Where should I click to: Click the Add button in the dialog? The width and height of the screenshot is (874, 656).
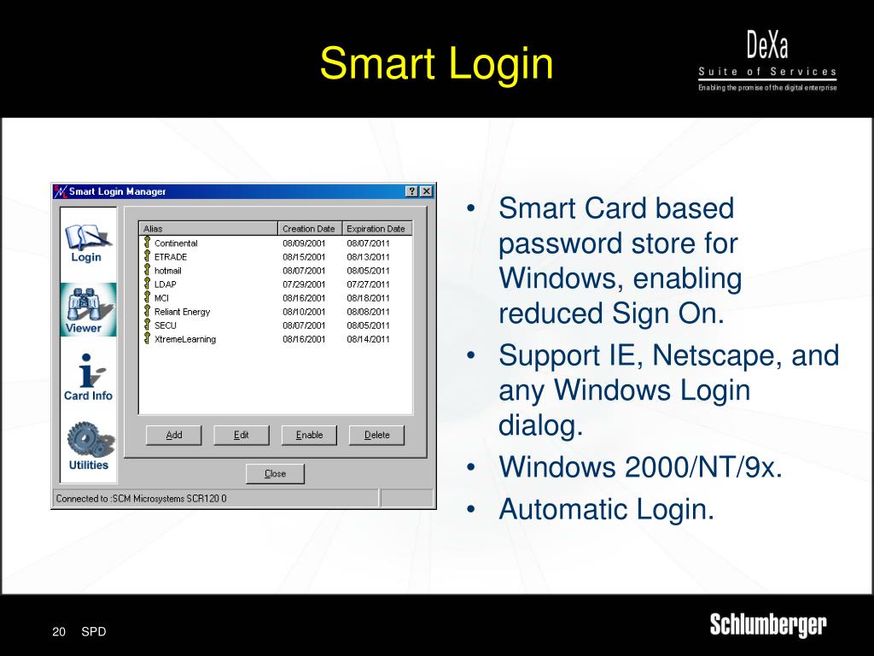(x=174, y=435)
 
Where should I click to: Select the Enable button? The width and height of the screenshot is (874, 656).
(x=309, y=435)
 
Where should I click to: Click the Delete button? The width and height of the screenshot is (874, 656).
(x=376, y=435)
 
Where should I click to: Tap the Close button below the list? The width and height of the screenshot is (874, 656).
(x=275, y=473)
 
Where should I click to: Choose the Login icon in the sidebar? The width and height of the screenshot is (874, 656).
(x=86, y=242)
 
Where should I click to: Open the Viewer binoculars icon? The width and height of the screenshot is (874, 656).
(x=84, y=309)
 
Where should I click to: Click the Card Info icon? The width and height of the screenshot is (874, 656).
(x=88, y=378)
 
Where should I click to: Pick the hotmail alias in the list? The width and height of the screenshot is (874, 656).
(x=167, y=271)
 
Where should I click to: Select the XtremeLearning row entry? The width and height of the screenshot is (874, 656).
(x=184, y=339)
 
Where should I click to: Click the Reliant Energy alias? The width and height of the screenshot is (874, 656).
(x=182, y=312)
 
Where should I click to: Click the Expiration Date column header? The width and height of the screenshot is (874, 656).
(x=376, y=229)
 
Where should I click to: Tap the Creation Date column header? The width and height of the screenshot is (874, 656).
(x=309, y=229)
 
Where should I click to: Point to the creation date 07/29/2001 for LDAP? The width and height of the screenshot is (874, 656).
(x=304, y=284)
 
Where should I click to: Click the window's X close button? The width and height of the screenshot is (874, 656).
(x=427, y=191)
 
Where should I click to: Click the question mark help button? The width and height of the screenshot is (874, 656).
(x=412, y=191)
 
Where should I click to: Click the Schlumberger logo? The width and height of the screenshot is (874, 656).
(x=767, y=625)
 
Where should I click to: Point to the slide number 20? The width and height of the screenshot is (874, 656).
(x=59, y=632)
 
